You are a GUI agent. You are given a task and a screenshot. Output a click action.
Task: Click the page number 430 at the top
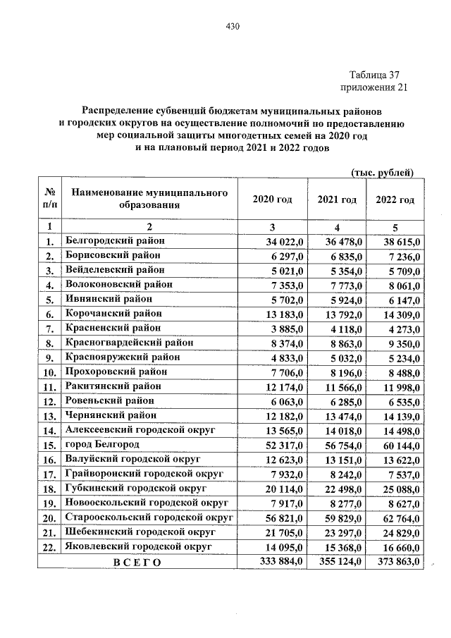pos(233,27)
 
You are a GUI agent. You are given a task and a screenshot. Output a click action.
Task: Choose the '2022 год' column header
pos(395,200)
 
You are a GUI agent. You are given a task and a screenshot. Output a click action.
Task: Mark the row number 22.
pos(50,547)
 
